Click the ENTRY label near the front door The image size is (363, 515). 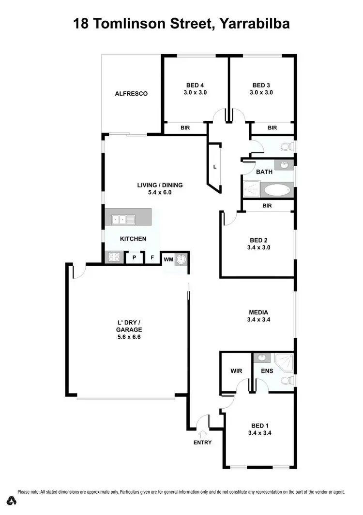click(x=202, y=442)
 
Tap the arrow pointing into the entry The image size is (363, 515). click(x=202, y=434)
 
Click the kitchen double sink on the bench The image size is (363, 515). click(x=123, y=219)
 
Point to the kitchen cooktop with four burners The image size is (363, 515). click(x=114, y=257)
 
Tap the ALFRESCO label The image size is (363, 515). click(x=131, y=94)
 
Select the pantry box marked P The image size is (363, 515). click(x=134, y=258)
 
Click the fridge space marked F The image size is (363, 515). click(x=152, y=258)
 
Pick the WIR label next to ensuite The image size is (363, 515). click(x=236, y=371)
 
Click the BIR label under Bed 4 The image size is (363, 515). click(x=185, y=128)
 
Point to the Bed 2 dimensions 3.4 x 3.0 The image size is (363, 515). click(x=259, y=247)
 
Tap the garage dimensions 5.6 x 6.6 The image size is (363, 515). click(x=128, y=337)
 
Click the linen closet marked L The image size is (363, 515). click(x=214, y=167)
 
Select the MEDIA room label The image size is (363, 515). click(x=258, y=312)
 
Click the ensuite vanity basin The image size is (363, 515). click(x=262, y=358)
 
